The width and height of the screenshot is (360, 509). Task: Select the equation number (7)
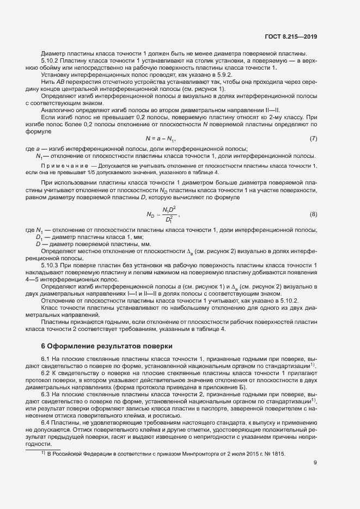coord(313,138)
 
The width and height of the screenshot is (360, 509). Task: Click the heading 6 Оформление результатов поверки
coord(107,346)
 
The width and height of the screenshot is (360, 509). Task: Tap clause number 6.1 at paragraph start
coord(45,359)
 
